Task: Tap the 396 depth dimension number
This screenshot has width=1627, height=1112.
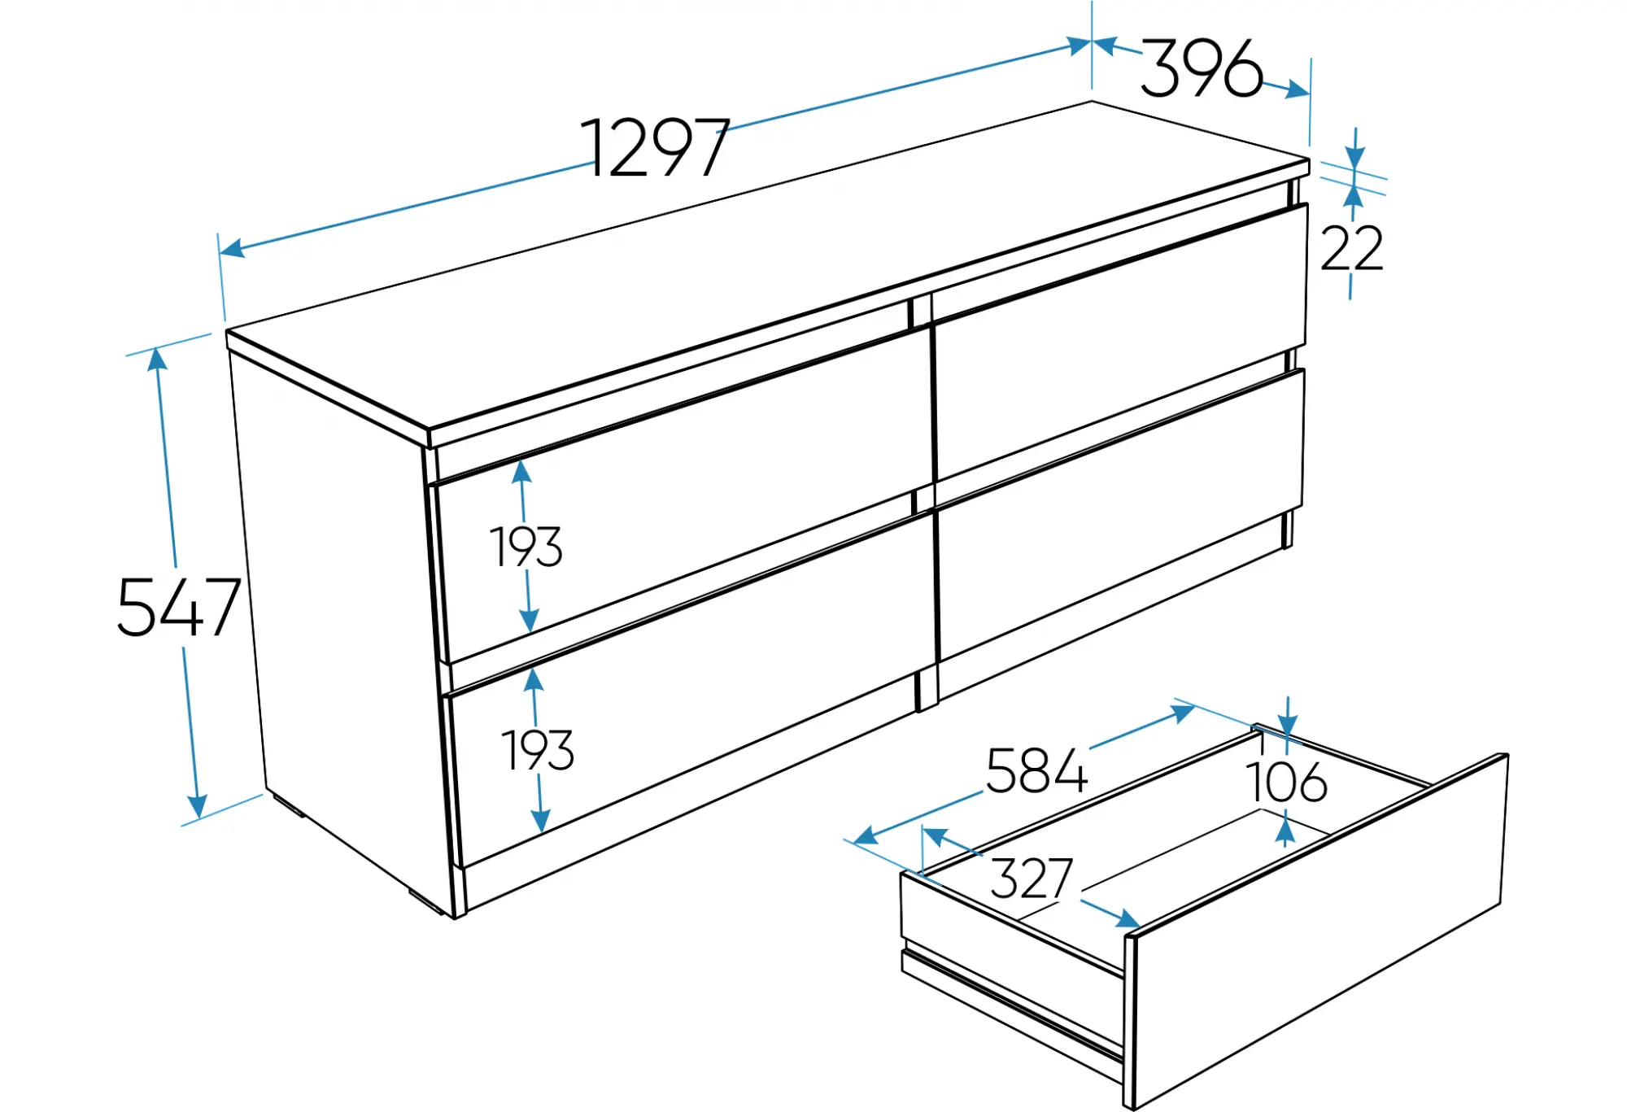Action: pyautogui.click(x=1202, y=68)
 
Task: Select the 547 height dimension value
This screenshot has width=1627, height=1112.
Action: pyautogui.click(x=179, y=607)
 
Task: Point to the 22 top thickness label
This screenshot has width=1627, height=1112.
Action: pyautogui.click(x=1351, y=248)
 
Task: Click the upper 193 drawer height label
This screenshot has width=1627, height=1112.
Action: pyautogui.click(x=526, y=547)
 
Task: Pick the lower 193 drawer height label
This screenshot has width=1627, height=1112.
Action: pyautogui.click(x=538, y=750)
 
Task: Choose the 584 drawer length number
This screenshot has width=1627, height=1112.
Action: pyautogui.click(x=1036, y=770)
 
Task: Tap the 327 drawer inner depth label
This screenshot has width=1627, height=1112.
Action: pyautogui.click(x=1032, y=878)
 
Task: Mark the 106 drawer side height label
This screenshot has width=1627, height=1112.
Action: pyautogui.click(x=1286, y=782)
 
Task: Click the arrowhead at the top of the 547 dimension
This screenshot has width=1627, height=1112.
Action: pyautogui.click(x=157, y=359)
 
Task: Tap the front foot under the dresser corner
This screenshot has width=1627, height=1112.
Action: pyautogui.click(x=425, y=900)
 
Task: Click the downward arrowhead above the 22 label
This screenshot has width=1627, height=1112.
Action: pyautogui.click(x=1354, y=157)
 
